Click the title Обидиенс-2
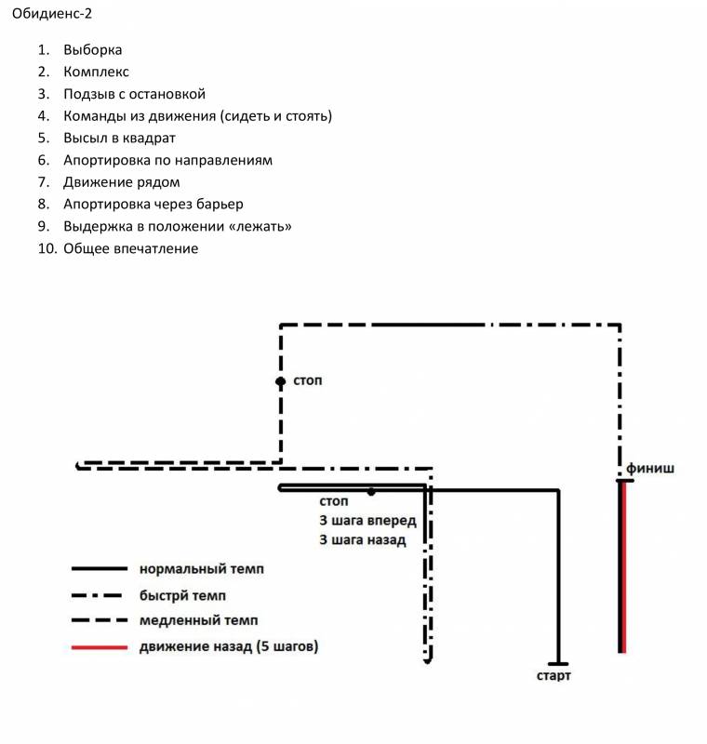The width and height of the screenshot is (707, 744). point(52,14)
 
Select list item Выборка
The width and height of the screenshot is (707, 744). point(92,50)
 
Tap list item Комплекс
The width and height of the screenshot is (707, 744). point(96,72)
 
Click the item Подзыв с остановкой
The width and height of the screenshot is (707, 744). point(134,94)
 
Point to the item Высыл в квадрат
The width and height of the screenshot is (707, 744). point(119,138)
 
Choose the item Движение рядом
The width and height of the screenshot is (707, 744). point(122,182)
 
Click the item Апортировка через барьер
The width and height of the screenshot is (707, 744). point(153,204)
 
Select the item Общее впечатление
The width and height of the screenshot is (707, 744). point(130,248)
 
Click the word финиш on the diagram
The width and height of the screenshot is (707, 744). point(650,469)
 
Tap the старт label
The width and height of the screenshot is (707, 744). point(554,676)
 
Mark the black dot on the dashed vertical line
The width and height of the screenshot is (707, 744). point(280,381)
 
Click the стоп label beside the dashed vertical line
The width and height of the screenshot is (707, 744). point(308,380)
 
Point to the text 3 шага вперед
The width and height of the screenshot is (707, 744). point(367,521)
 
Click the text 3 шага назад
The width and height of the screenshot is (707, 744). point(363,540)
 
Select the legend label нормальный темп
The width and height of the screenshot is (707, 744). point(201,569)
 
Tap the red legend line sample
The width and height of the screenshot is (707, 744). point(100,647)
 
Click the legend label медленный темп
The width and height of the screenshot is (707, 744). point(198,620)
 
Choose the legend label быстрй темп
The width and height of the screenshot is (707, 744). point(182,595)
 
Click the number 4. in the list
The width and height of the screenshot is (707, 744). point(44,115)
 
